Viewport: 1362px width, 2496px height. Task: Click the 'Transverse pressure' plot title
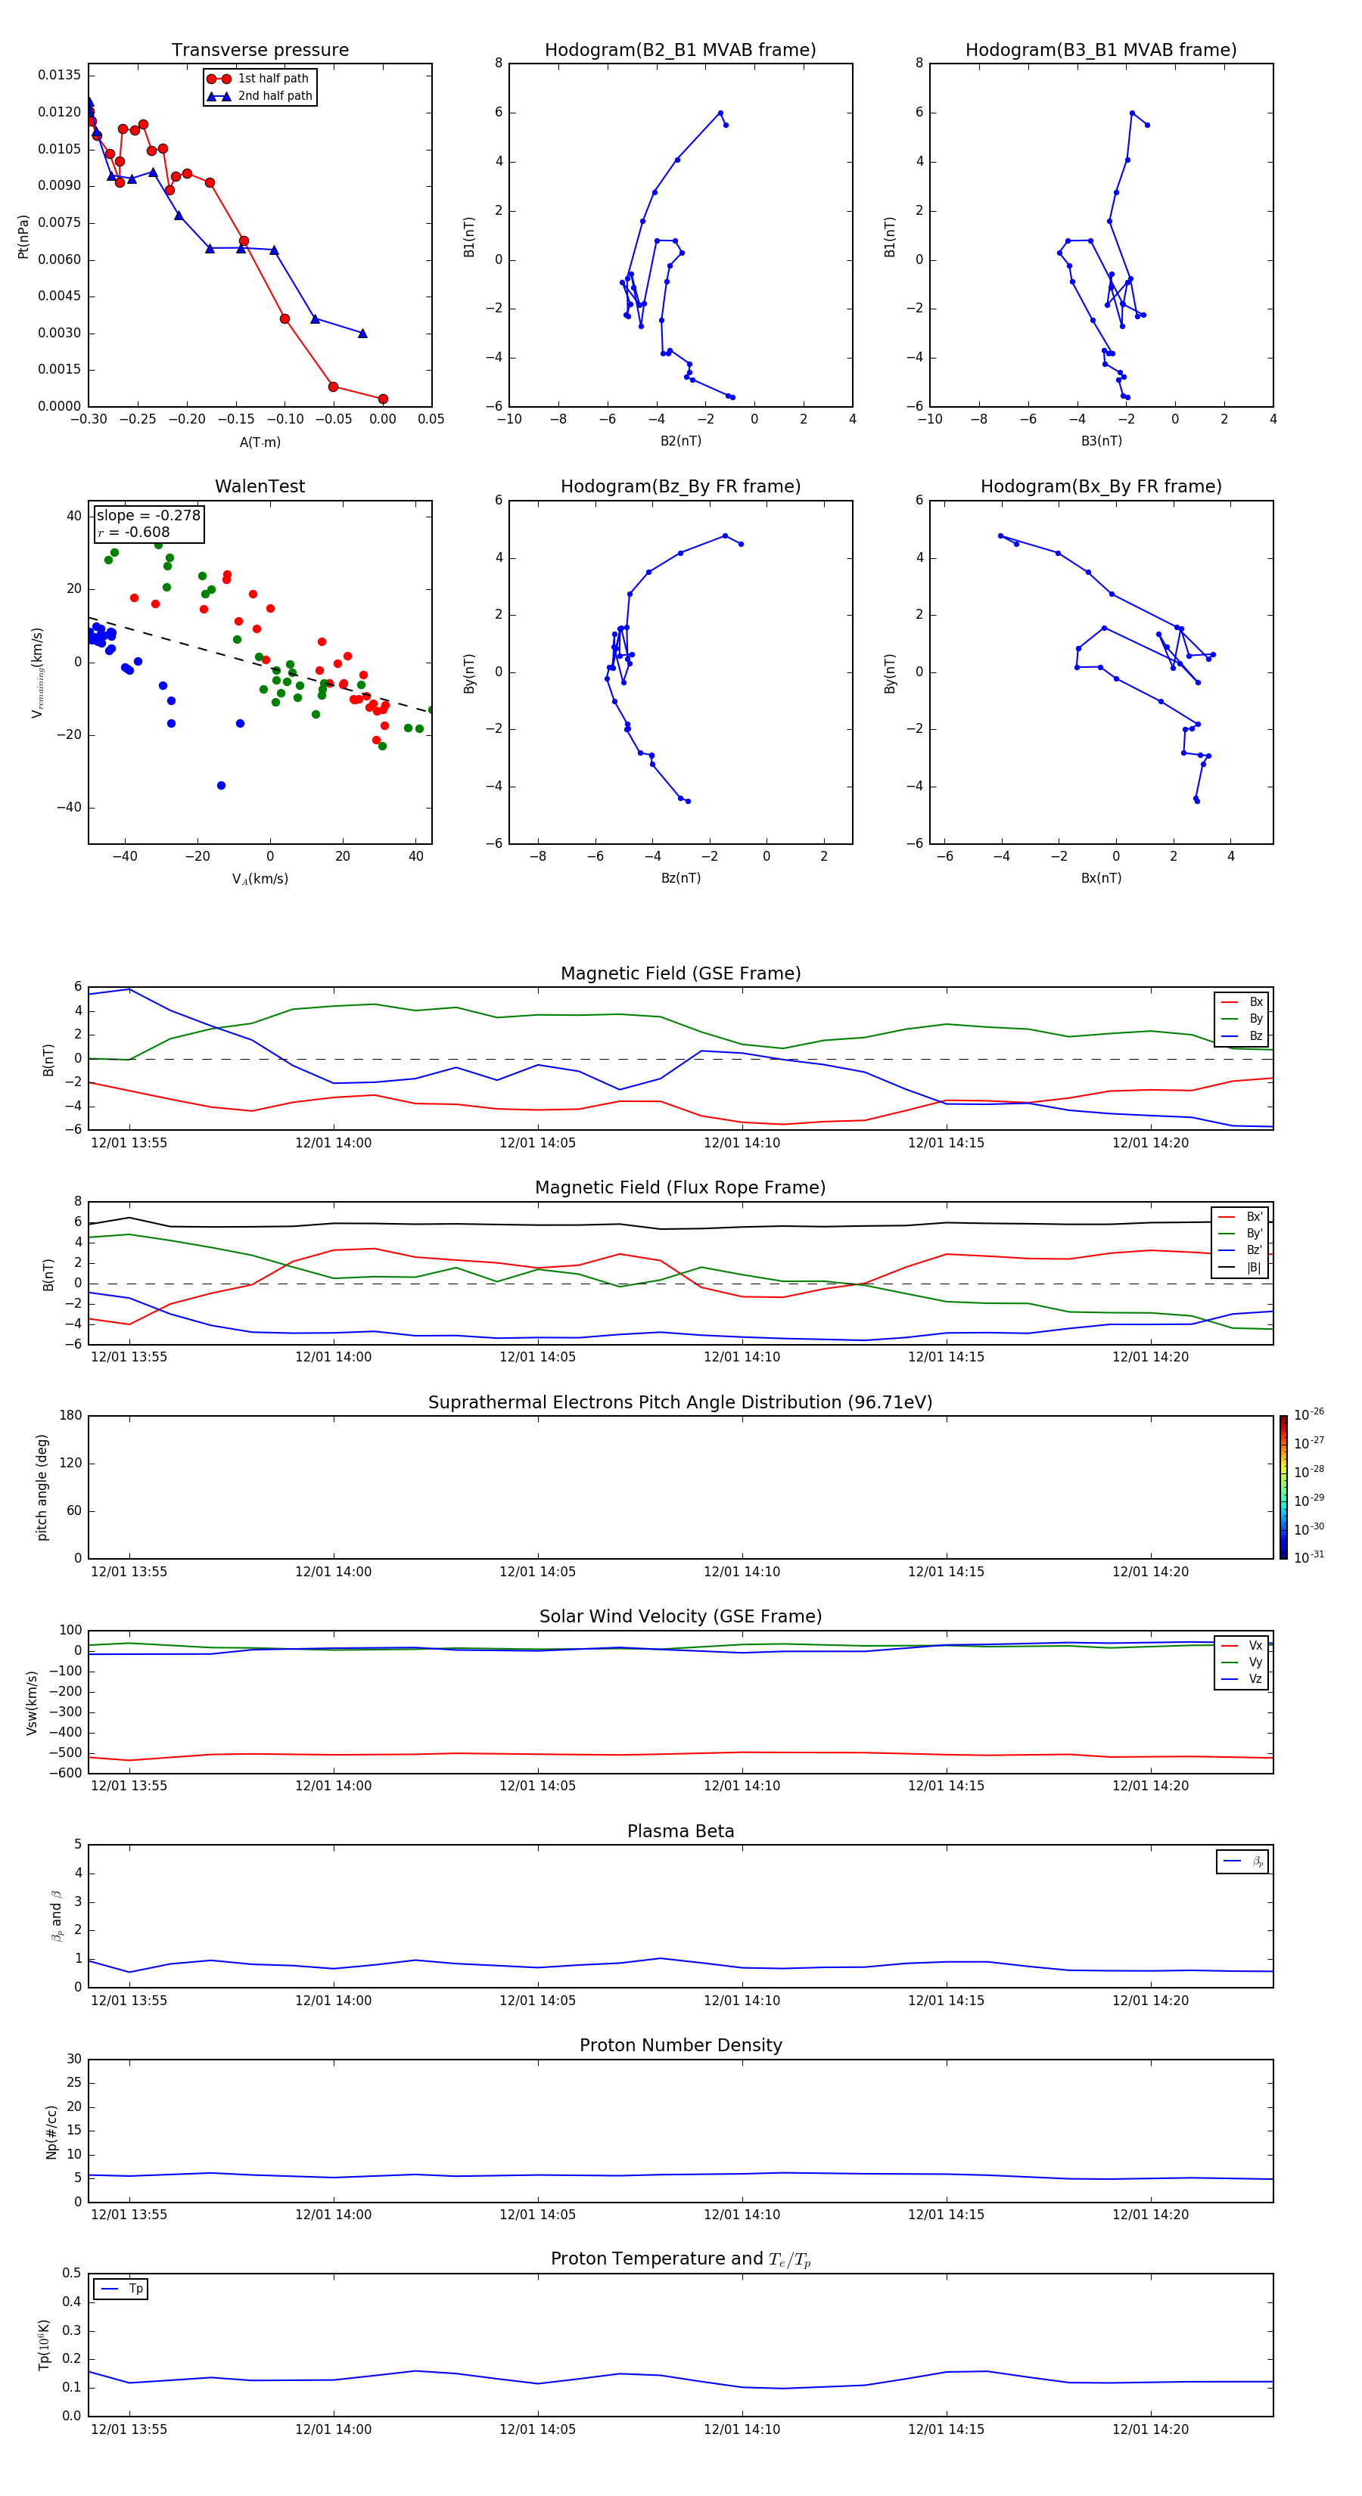(260, 51)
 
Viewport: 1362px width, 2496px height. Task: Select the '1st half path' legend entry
(272, 79)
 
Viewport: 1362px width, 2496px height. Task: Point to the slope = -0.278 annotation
(148, 516)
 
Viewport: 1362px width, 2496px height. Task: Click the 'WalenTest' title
(260, 486)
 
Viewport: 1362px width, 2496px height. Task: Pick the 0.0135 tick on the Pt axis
(59, 76)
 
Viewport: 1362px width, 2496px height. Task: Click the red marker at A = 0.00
(383, 399)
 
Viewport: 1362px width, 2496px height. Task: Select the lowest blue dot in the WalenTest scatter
(221, 786)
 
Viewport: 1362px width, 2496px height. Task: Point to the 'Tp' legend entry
(135, 2289)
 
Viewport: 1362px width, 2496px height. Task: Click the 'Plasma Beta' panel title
(680, 1831)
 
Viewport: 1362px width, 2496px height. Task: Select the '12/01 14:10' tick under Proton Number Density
(742, 2214)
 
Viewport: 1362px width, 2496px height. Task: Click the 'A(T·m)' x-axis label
(260, 442)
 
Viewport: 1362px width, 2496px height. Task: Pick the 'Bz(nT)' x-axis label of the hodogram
(680, 878)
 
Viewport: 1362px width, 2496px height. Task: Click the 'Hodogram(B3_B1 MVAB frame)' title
(1100, 51)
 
